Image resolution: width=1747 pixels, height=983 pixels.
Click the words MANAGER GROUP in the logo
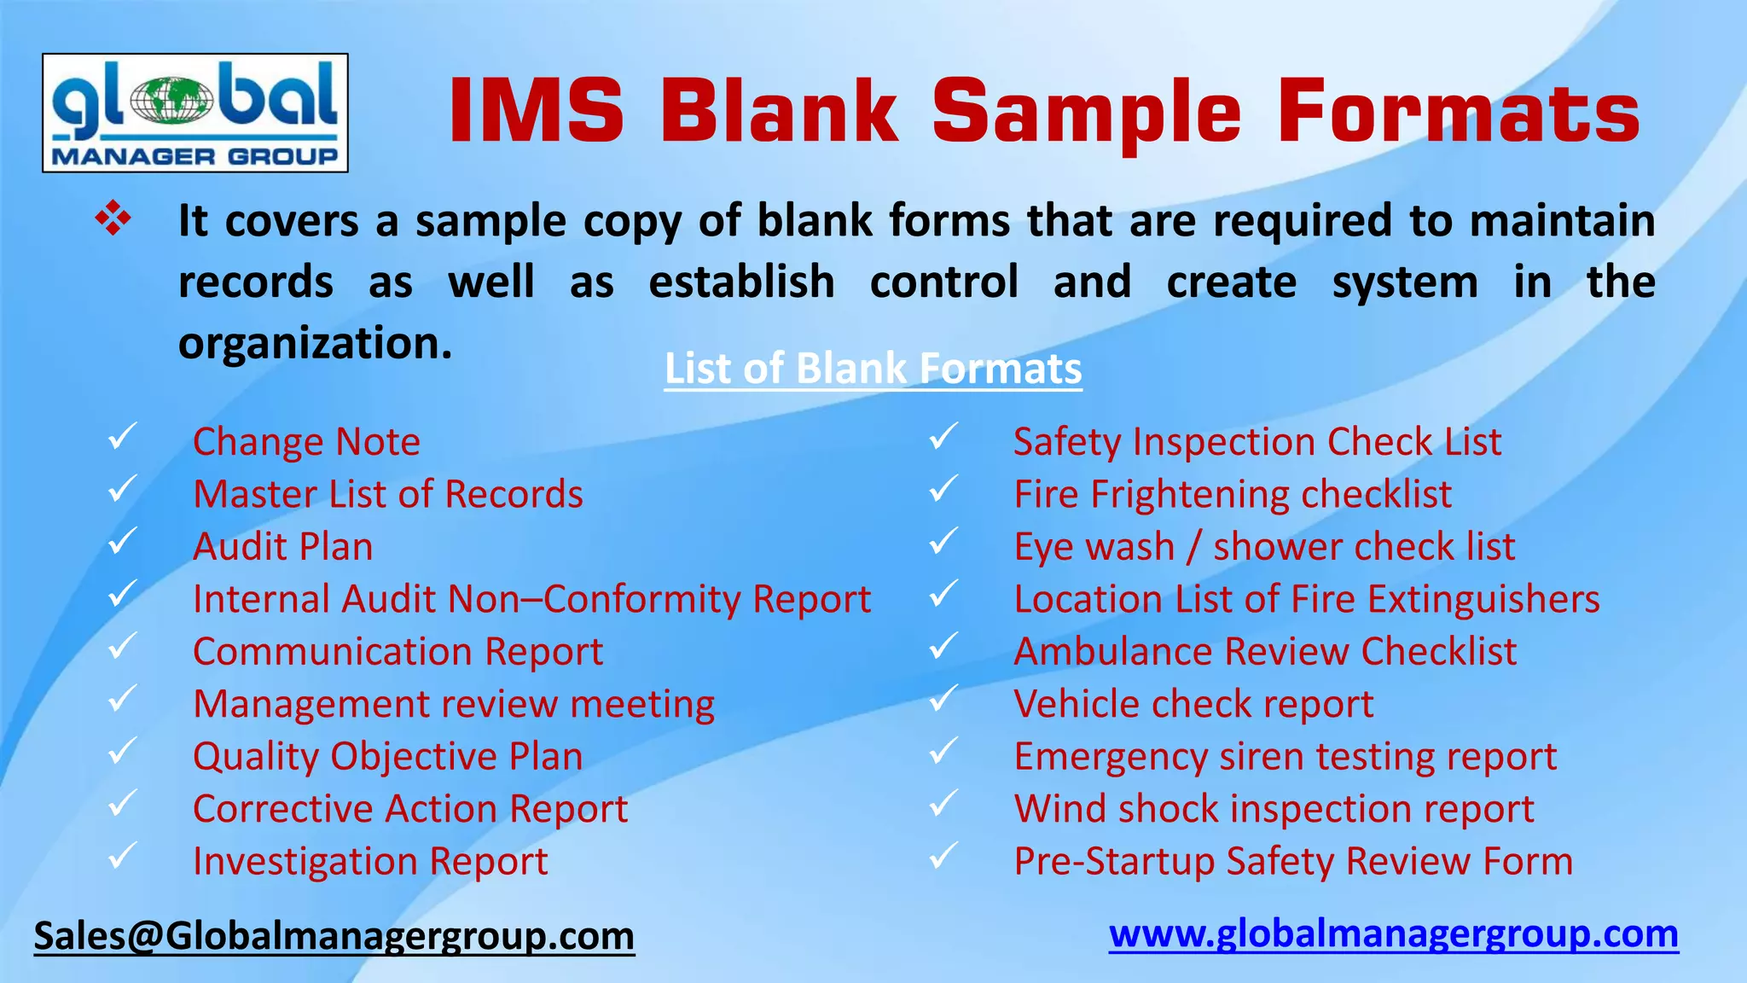point(194,156)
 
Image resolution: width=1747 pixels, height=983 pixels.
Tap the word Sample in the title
point(1086,112)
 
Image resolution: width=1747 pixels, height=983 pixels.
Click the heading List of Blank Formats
point(873,369)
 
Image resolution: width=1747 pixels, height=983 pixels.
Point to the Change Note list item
point(306,442)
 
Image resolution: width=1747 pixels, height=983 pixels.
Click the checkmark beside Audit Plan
point(123,542)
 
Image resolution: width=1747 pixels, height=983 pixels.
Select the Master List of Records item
point(388,494)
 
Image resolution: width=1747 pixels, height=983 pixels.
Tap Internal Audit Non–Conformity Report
point(531,599)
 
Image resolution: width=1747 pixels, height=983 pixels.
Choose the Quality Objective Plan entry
point(388,757)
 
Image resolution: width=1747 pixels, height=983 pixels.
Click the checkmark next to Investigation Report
point(123,856)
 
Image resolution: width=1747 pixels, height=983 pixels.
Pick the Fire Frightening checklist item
point(1232,494)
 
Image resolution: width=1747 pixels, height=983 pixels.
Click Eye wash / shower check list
point(1263,547)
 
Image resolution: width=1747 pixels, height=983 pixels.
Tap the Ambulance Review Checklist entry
point(1264,652)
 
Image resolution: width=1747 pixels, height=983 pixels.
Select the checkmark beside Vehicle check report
point(943,699)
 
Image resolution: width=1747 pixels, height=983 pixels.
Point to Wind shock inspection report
point(1273,809)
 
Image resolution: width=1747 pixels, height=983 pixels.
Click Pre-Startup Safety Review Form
point(1292,861)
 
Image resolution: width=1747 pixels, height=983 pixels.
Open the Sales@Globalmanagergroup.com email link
point(334,936)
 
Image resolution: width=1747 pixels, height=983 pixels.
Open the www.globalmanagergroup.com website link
point(1393,934)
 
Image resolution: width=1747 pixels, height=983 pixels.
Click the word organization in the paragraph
point(314,343)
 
